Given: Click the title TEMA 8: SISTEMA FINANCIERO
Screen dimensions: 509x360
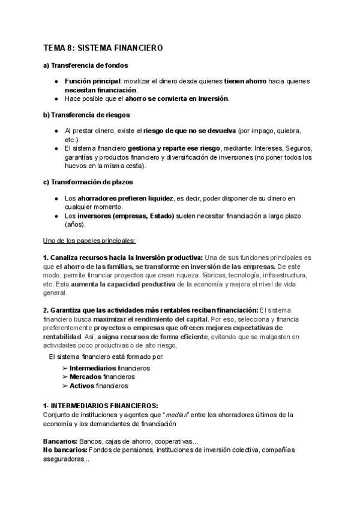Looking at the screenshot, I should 103,47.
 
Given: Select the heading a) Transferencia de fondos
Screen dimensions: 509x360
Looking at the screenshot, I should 85,65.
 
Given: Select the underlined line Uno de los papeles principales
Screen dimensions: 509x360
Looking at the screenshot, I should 89,241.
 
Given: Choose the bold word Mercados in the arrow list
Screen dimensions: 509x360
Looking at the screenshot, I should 85,377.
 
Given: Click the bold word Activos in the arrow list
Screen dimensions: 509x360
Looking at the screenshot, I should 82,386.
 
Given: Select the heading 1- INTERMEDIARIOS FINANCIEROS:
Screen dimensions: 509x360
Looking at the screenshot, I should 100,406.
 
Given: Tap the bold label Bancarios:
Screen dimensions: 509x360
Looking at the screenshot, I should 60,441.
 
